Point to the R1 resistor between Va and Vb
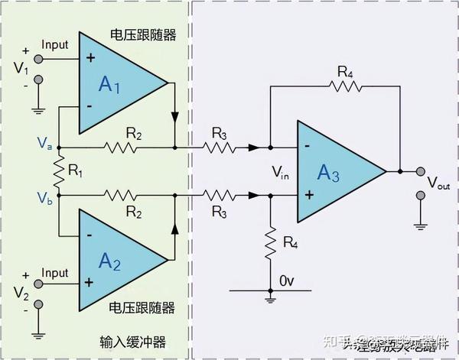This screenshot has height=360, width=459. pyautogui.click(x=57, y=170)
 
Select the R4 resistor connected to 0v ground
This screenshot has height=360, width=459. pyautogui.click(x=269, y=243)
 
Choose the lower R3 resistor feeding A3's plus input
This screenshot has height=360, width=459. pyautogui.click(x=220, y=196)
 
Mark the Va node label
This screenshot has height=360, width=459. pyautogui.click(x=44, y=143)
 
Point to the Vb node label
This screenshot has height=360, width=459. pyautogui.click(x=44, y=196)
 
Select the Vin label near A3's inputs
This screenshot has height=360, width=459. pyautogui.click(x=280, y=174)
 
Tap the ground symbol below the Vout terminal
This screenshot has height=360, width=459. pyautogui.click(x=418, y=225)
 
